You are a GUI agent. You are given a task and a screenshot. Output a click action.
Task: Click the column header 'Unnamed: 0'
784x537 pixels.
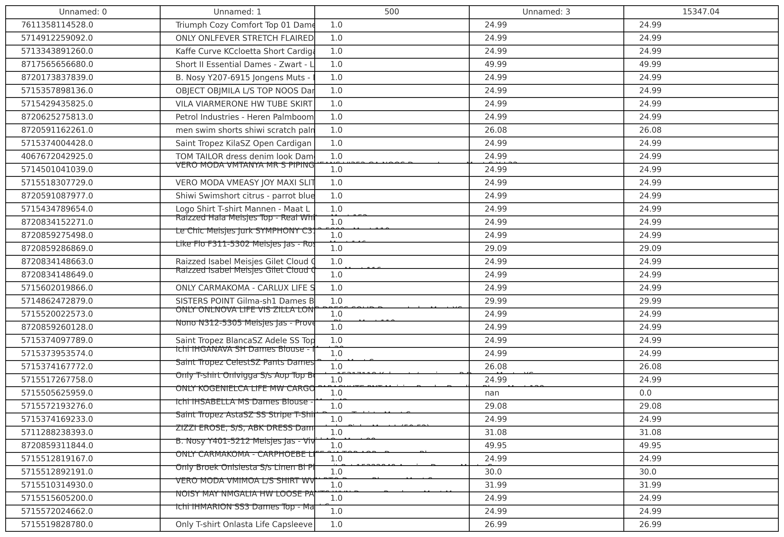83,12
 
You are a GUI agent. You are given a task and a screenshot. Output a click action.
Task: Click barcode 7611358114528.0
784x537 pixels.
57,25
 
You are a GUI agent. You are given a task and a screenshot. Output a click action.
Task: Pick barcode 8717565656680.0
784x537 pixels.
57,64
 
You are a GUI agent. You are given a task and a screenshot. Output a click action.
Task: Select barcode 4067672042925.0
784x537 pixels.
57,156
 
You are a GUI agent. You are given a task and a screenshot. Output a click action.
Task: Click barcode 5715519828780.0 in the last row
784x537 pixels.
57,525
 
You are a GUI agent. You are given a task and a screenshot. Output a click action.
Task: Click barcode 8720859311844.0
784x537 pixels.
57,446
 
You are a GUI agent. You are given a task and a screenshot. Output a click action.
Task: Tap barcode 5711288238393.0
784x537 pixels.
57,433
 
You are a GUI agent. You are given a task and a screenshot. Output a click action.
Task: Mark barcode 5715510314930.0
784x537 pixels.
57,485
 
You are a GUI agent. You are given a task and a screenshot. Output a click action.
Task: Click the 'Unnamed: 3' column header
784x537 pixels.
546,12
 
